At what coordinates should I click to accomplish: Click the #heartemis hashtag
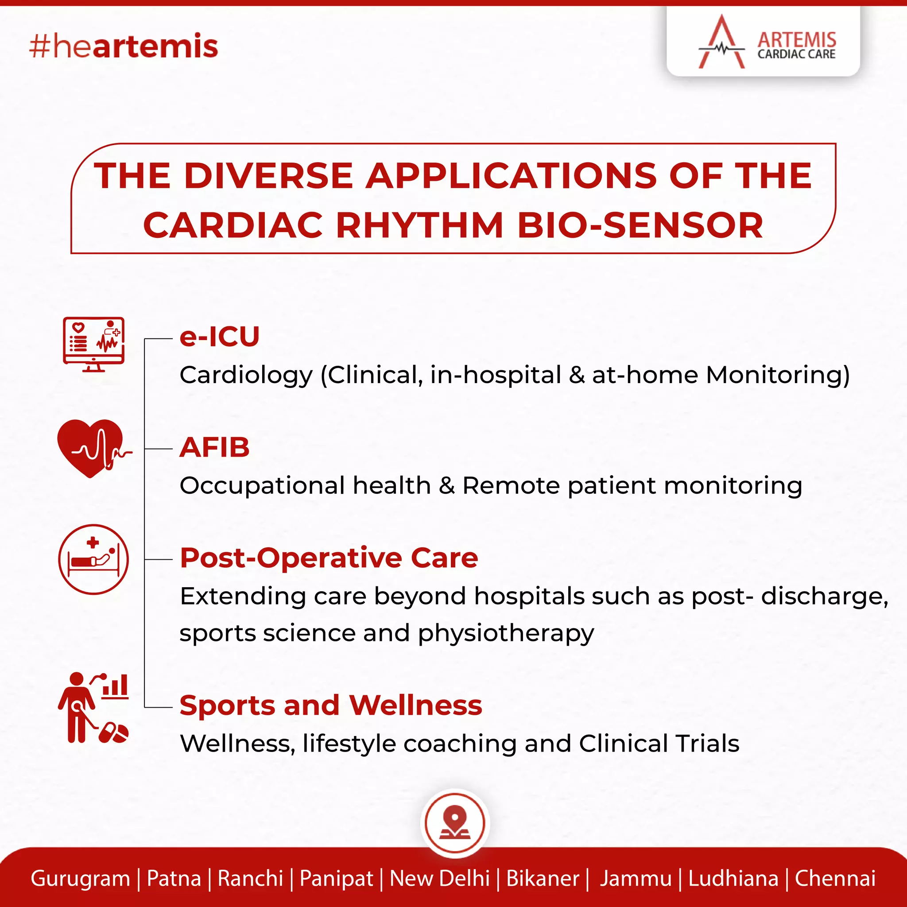(x=124, y=47)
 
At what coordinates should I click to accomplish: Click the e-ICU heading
(x=219, y=337)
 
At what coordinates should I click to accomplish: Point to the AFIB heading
(x=214, y=447)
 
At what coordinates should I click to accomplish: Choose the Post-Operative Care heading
(x=329, y=558)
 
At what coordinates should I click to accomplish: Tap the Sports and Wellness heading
(x=330, y=705)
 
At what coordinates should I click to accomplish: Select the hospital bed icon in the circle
(x=93, y=559)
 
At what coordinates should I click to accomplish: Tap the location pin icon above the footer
(x=454, y=823)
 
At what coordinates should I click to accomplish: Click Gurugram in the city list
(x=80, y=878)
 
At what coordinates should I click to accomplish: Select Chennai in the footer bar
(x=835, y=878)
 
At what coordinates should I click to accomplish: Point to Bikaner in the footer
(x=543, y=878)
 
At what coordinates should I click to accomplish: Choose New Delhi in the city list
(x=439, y=878)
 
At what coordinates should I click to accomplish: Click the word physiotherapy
(x=506, y=634)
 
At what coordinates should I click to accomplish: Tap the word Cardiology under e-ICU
(x=245, y=375)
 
